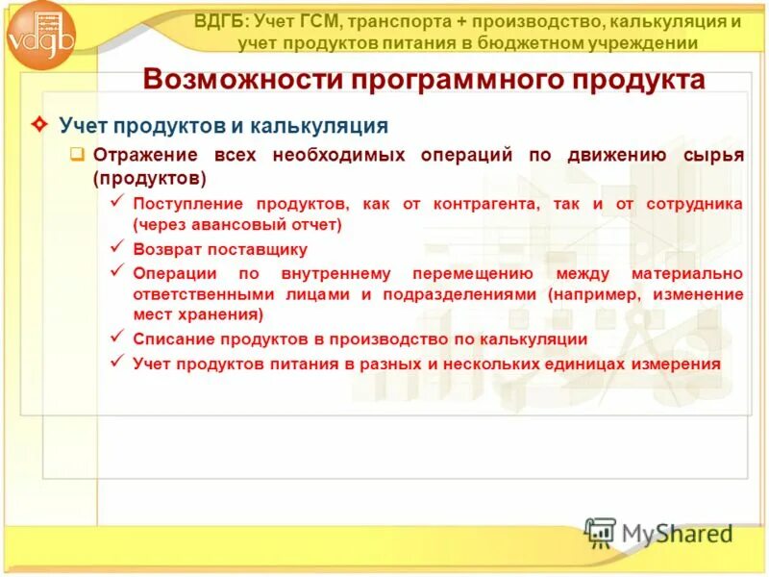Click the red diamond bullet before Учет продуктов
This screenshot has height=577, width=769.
pos(40,126)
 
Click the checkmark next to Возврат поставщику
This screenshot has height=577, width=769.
pos(117,248)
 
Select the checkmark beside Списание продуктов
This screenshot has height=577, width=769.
pos(117,338)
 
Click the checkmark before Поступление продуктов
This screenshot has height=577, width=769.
pos(117,203)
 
